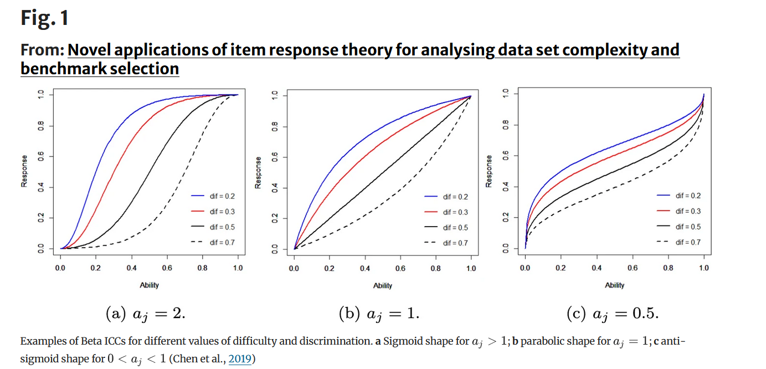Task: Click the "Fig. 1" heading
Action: (x=45, y=18)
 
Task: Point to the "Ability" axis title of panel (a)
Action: (x=149, y=285)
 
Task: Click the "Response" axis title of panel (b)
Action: (x=258, y=172)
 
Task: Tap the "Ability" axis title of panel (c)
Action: (x=614, y=285)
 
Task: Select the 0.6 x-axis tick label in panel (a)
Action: (x=167, y=268)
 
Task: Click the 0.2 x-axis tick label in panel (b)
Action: (x=330, y=269)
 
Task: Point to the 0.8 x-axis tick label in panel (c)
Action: (x=668, y=268)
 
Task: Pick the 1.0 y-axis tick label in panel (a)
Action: (x=40, y=95)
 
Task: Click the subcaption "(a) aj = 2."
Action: (x=146, y=314)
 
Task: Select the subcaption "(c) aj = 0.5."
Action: (x=613, y=314)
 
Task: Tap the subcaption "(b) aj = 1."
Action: (x=379, y=314)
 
